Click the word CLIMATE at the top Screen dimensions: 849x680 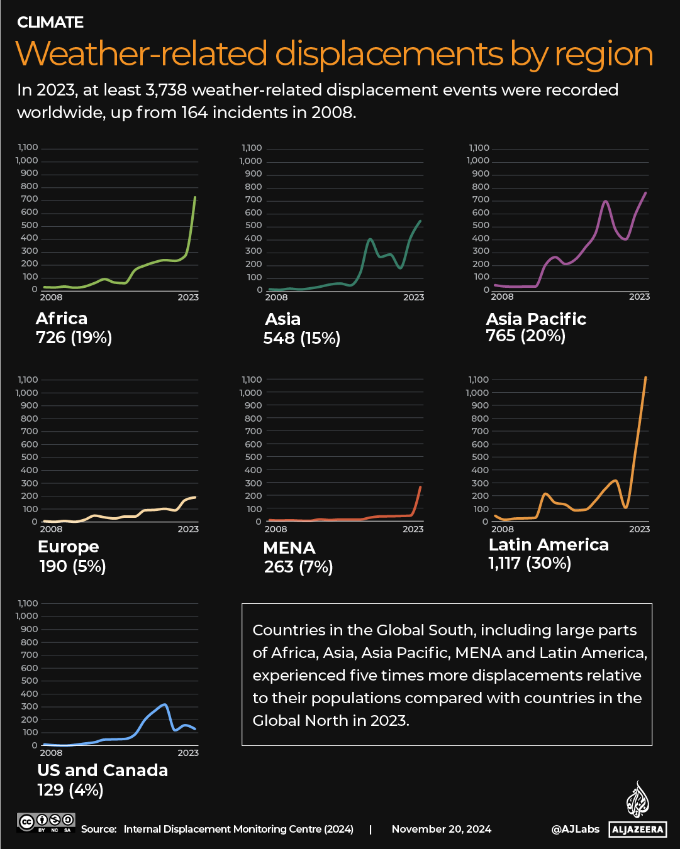click(x=50, y=23)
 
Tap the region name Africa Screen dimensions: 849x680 click(x=62, y=318)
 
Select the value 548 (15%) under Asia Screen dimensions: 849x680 click(x=301, y=338)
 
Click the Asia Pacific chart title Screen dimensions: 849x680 click(x=536, y=319)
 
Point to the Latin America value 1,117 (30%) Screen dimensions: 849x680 click(x=530, y=563)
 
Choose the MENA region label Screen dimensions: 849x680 click(x=289, y=547)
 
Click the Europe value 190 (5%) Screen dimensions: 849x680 click(x=72, y=566)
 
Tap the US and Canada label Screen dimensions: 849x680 click(x=103, y=770)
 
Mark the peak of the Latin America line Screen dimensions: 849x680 click(x=645, y=378)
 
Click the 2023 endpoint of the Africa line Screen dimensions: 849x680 click(x=195, y=197)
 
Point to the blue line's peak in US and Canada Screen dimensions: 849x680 click(x=165, y=704)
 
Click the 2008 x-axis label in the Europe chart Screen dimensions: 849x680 click(x=51, y=529)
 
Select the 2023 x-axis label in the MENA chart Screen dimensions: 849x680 click(x=413, y=529)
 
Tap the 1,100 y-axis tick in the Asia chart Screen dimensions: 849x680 click(x=252, y=148)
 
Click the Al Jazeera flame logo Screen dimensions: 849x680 click(x=637, y=799)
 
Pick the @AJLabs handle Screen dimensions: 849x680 click(x=576, y=829)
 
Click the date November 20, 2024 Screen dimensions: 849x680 click(x=442, y=829)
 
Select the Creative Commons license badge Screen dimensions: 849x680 click(x=47, y=822)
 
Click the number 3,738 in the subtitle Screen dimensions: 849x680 click(x=166, y=90)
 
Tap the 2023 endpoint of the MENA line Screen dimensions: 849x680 click(x=420, y=487)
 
